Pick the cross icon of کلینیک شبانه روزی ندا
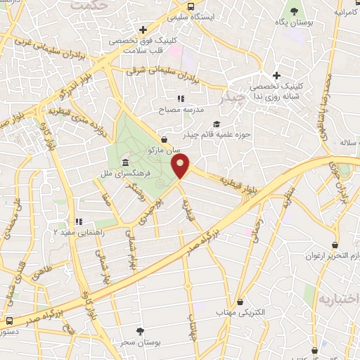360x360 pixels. [x=276, y=76]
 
